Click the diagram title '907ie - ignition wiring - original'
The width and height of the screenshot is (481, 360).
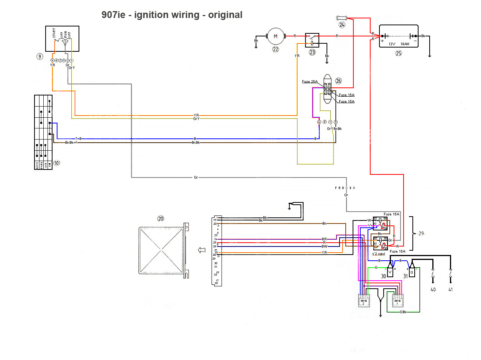coord(172,15)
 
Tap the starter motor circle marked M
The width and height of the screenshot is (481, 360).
coord(275,36)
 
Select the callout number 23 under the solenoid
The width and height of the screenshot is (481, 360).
coord(312,52)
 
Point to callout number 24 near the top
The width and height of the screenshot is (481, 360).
coord(342,25)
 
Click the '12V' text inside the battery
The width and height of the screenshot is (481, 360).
coord(392,44)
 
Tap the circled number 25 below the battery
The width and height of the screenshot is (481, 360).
coord(399,53)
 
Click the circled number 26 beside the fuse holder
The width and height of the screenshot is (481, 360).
coord(338,81)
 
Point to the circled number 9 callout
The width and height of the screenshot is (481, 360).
coord(39,56)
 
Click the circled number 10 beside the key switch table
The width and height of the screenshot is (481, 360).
coord(57,163)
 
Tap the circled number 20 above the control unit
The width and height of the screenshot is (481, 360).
coord(160,219)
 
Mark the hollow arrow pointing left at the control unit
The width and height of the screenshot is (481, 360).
coord(201,250)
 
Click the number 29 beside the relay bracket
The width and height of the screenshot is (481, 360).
coord(422,233)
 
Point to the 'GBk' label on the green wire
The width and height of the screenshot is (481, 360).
coord(403,312)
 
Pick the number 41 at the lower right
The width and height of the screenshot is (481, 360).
coord(450,289)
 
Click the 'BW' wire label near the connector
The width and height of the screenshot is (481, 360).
coord(325,246)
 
